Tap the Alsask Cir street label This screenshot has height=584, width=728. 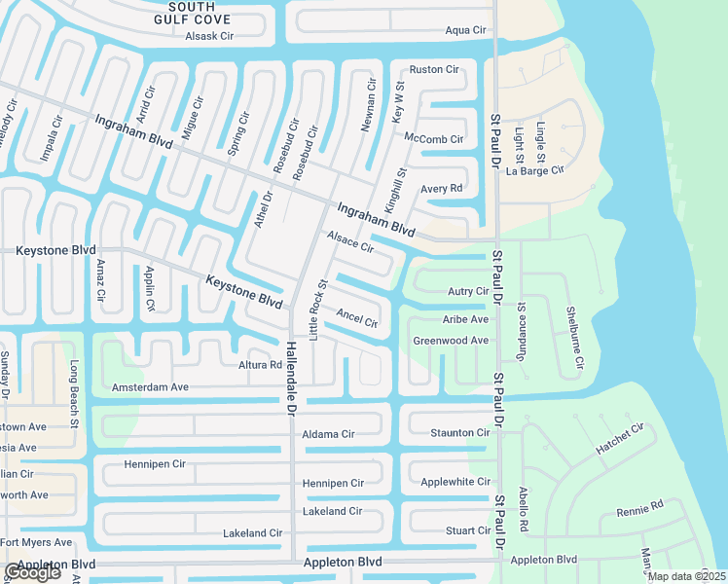point(211,37)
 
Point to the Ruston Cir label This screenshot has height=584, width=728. point(433,69)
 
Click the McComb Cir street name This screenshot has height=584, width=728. point(433,139)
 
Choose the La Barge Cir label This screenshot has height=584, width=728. point(535,170)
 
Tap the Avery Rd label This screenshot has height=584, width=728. point(441,189)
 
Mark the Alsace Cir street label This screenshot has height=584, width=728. point(350,241)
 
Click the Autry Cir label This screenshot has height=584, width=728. point(467,291)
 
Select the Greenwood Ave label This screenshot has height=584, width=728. point(451,341)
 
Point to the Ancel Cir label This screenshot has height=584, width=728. point(356,318)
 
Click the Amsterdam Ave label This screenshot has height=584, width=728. point(150,386)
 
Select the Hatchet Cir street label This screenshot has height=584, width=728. point(619,441)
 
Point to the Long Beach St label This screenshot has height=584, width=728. point(73,394)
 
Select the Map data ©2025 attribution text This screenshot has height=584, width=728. point(686,576)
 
